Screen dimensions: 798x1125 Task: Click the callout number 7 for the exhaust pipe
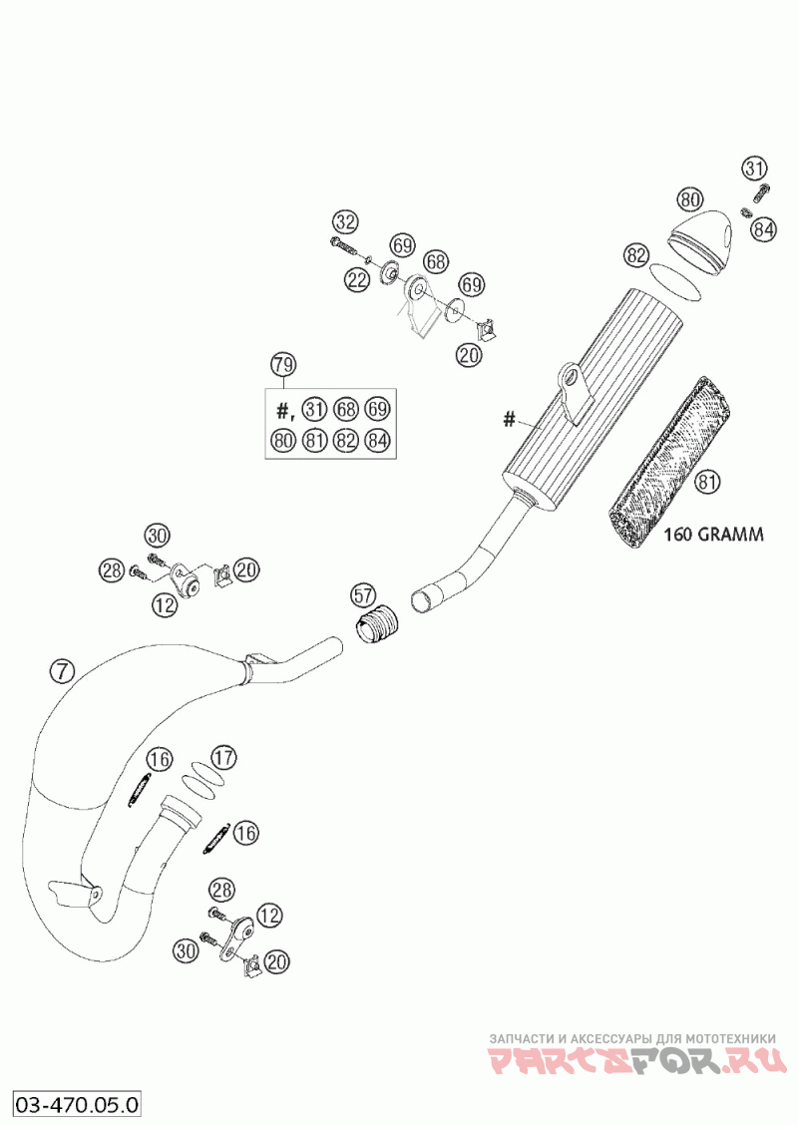pos(63,671)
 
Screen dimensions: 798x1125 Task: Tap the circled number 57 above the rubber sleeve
pos(363,594)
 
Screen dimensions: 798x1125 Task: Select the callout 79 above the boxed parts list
pos(282,364)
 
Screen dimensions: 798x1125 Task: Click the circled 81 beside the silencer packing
pos(707,482)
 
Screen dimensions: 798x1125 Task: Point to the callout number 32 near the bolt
pos(345,222)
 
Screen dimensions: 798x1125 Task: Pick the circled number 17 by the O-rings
pos(223,757)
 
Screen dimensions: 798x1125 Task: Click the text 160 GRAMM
pos(712,534)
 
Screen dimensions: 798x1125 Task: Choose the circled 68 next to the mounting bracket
pos(435,262)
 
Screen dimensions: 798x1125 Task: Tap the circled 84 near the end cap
pos(764,229)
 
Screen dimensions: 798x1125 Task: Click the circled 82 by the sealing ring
pos(635,254)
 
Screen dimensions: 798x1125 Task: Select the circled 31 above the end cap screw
pos(753,170)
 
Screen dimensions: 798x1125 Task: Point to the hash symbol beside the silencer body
pos(509,418)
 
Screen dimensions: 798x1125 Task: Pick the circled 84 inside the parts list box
pos(377,440)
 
